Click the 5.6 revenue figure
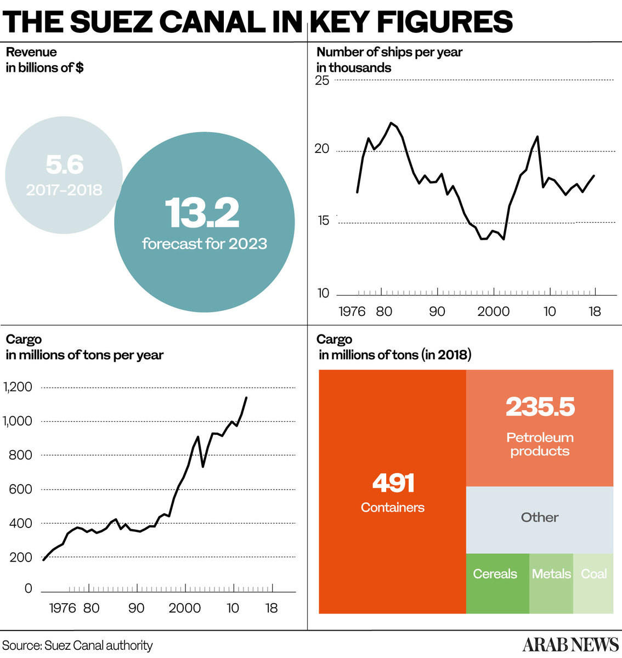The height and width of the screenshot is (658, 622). coord(64,164)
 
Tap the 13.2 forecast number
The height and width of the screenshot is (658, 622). coord(202,213)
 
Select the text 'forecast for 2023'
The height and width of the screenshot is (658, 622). coord(204,243)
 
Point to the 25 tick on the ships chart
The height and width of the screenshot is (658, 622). coord(322,81)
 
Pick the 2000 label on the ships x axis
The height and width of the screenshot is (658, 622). coord(493,312)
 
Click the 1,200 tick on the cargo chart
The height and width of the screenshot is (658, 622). coord(18,387)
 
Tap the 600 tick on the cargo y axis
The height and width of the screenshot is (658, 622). coord(21,489)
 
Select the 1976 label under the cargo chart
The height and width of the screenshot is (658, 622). coord(62,608)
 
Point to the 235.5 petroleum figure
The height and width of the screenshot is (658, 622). coord(540,407)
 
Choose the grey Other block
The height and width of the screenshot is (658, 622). coord(540,518)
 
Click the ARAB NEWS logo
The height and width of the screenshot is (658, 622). coord(570,644)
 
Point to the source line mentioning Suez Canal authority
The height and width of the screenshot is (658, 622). coord(77,645)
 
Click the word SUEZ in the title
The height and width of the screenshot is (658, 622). coord(111,22)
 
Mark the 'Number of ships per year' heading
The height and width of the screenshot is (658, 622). coord(389,52)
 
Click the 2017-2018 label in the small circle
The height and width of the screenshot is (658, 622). coord(64,190)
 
